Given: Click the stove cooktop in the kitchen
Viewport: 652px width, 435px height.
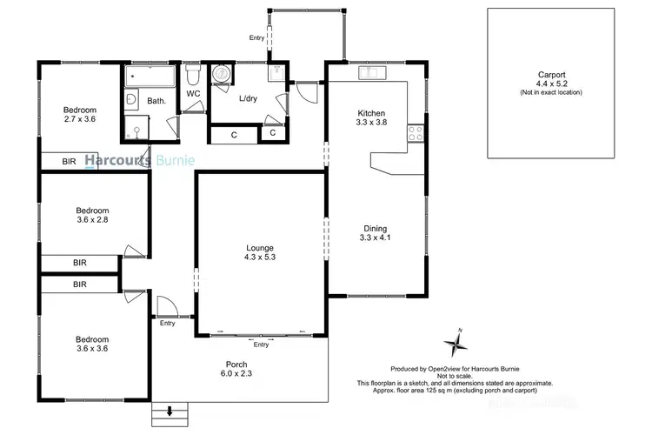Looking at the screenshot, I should tap(415, 134).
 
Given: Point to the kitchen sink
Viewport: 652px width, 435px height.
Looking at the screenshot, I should tap(376, 71).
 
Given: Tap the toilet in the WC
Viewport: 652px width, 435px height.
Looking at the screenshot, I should tap(193, 78).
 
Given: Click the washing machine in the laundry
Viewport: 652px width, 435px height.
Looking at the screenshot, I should tap(223, 76).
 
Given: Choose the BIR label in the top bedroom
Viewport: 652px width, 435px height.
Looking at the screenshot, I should tap(69, 162).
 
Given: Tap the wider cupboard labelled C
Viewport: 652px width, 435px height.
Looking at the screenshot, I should tap(234, 134).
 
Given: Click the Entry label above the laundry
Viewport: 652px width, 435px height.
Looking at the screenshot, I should tap(256, 38).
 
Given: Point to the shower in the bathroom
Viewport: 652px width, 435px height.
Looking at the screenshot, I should tap(136, 130).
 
